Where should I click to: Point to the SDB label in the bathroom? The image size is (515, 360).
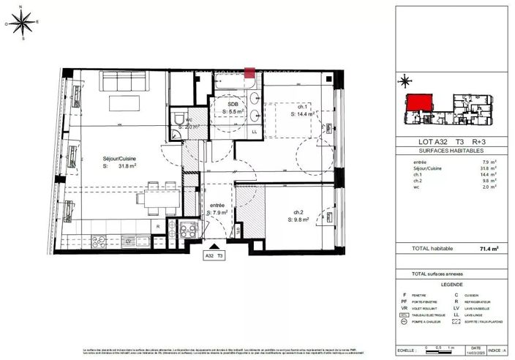233,105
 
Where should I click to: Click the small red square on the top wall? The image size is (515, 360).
249,72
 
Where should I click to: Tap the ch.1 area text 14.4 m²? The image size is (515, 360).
307,114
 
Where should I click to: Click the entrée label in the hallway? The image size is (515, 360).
216,206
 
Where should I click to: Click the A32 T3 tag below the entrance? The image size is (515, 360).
214,256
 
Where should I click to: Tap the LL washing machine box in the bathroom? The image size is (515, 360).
254,132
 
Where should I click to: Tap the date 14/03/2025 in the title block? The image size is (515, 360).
476,352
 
